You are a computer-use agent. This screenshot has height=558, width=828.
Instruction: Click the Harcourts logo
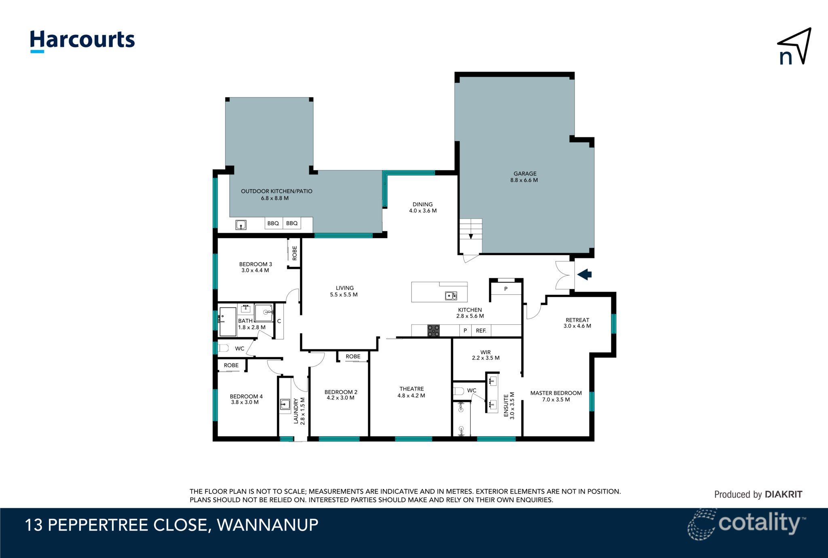pyautogui.click(x=82, y=41)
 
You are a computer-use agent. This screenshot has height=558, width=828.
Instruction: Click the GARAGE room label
pyautogui.click(x=525, y=173)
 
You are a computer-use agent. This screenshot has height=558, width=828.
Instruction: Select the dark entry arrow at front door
pyautogui.click(x=584, y=275)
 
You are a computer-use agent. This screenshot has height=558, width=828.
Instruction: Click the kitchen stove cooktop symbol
pyautogui.click(x=433, y=331)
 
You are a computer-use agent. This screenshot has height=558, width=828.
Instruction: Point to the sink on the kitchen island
pyautogui.click(x=451, y=296)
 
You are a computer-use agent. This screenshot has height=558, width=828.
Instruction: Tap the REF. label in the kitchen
pyautogui.click(x=481, y=331)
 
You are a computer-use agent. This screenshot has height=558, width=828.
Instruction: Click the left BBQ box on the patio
pyautogui.click(x=273, y=223)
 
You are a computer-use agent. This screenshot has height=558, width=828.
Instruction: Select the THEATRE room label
pyautogui.click(x=412, y=389)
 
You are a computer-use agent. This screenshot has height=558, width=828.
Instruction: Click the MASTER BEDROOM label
pyautogui.click(x=556, y=393)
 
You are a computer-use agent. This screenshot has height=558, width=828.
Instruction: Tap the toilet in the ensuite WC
pyautogui.click(x=458, y=391)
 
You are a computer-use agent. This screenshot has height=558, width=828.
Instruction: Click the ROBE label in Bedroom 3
pyautogui.click(x=295, y=253)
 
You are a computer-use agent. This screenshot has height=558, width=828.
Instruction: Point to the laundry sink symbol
pyautogui.click(x=285, y=404)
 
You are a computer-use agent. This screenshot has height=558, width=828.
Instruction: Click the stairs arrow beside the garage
pyautogui.click(x=471, y=237)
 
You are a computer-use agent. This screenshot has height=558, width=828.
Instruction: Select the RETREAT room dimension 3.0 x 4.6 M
pyautogui.click(x=577, y=326)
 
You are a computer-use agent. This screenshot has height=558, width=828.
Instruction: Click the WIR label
pyautogui.click(x=485, y=352)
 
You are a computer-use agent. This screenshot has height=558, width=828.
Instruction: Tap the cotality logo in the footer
pyautogui.click(x=746, y=524)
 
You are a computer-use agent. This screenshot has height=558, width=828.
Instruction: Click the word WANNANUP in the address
pyautogui.click(x=268, y=525)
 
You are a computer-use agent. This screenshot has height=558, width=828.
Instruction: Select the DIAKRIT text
pyautogui.click(x=783, y=494)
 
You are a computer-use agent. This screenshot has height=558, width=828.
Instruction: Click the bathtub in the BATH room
pyautogui.click(x=228, y=322)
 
